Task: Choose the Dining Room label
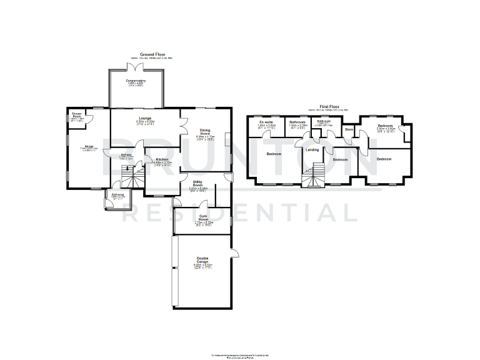204,131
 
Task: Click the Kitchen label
162,160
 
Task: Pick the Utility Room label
197,183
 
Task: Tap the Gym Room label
203,217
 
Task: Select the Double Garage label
203,260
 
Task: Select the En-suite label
266,122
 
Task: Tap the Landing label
312,149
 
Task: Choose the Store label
349,129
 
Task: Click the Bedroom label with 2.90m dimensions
385,126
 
